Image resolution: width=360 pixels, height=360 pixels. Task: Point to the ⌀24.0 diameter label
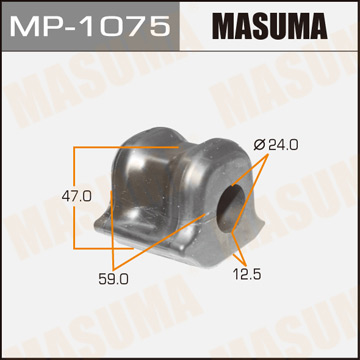coord(277,145)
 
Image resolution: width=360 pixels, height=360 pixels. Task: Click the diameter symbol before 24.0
coord(259,145)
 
